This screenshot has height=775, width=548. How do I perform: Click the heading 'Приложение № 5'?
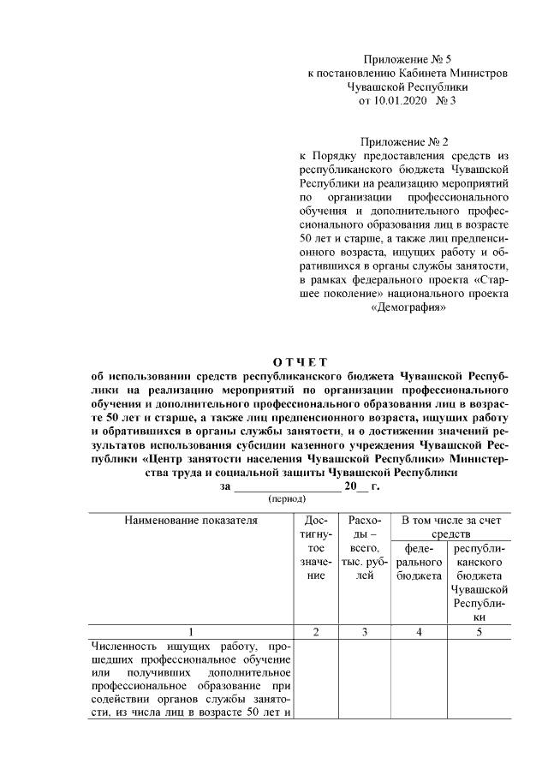tap(407, 59)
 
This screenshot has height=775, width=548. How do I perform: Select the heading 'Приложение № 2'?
tap(407, 142)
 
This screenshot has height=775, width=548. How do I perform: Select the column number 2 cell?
tap(316, 631)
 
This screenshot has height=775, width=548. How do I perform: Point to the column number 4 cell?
tap(419, 631)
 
